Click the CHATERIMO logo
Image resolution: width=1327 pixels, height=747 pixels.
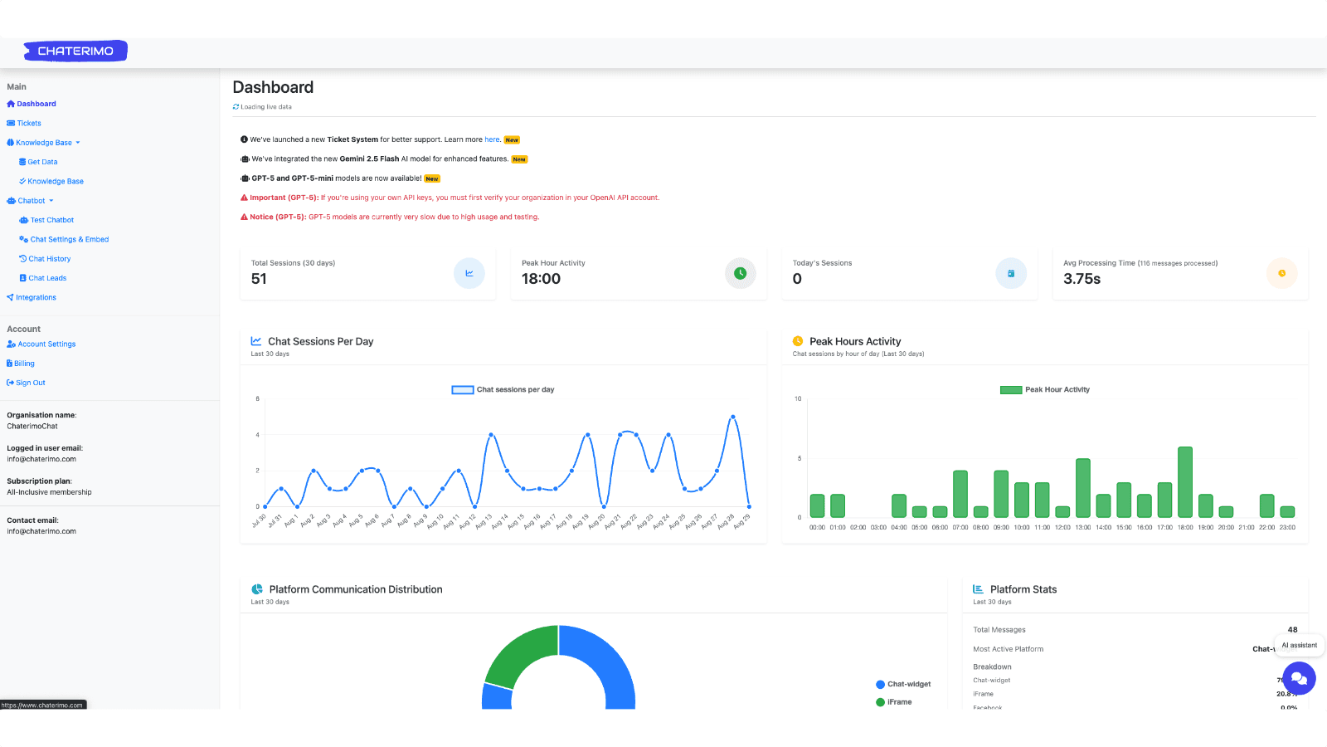[x=75, y=51]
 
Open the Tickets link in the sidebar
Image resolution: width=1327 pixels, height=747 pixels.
[x=29, y=124]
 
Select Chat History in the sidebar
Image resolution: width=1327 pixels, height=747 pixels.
[x=49, y=259]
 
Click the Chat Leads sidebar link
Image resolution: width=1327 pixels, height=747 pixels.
[x=47, y=278]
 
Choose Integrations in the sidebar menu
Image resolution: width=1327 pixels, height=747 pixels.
[x=36, y=297]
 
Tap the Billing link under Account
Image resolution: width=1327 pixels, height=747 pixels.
[x=24, y=364]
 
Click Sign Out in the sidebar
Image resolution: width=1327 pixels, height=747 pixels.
[x=30, y=383]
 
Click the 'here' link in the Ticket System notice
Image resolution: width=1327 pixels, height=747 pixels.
[x=492, y=139]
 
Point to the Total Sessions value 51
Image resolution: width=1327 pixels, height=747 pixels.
[x=259, y=279]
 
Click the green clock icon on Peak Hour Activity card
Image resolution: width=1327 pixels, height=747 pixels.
[x=740, y=273]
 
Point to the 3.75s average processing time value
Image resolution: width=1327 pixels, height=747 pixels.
[x=1082, y=279]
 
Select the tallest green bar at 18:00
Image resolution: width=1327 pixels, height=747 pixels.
[x=1185, y=481]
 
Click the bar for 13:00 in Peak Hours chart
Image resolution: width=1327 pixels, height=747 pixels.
[x=1082, y=488]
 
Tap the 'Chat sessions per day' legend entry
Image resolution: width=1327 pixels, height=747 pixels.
[x=503, y=389]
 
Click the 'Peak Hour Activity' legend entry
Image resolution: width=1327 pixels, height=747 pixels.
[x=1045, y=389]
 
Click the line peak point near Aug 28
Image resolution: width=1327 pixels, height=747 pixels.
[x=732, y=417]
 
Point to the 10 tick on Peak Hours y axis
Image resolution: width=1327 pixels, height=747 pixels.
[x=798, y=399]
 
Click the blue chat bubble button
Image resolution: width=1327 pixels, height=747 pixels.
[x=1299, y=678]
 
